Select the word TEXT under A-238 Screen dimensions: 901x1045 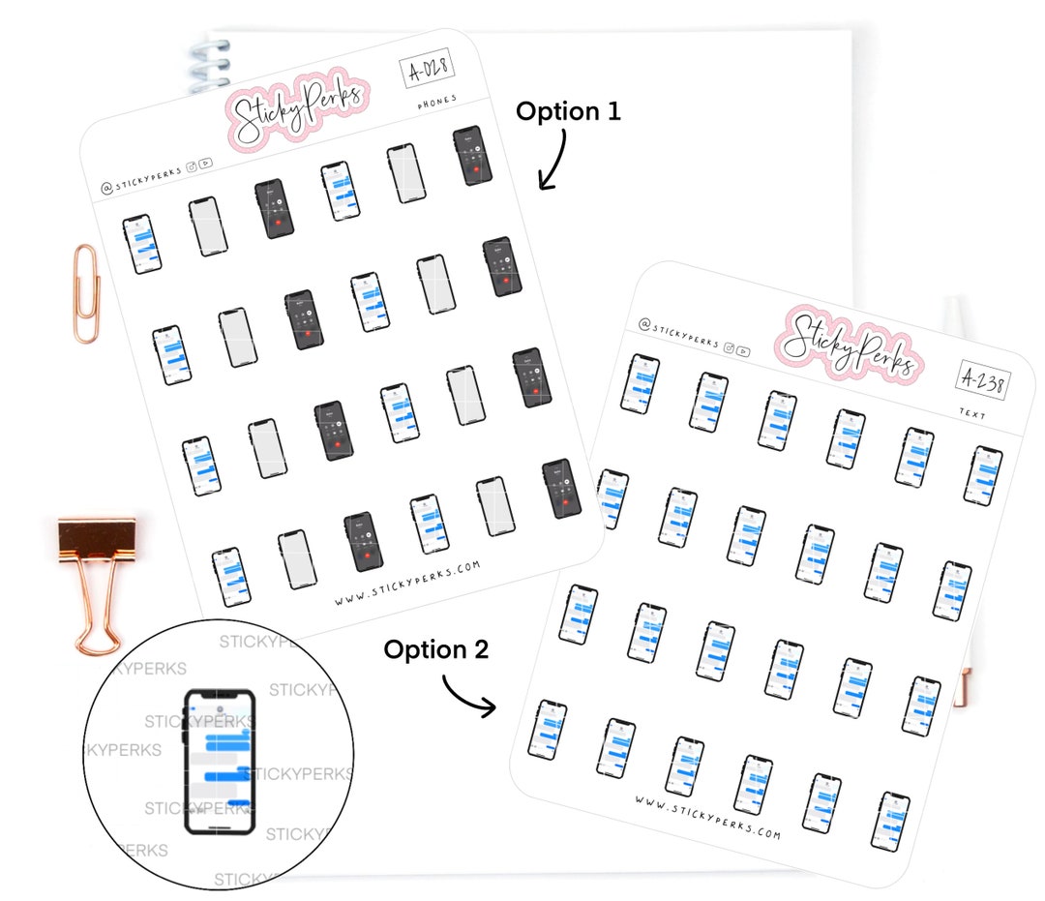coord(971,413)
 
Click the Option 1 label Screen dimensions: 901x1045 coord(568,111)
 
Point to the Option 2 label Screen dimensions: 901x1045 coord(435,649)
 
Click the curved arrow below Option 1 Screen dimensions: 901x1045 coord(555,160)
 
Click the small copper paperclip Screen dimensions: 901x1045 coord(87,292)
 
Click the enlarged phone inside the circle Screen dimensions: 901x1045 coord(221,761)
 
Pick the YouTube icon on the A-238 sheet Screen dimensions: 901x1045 coord(743,351)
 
